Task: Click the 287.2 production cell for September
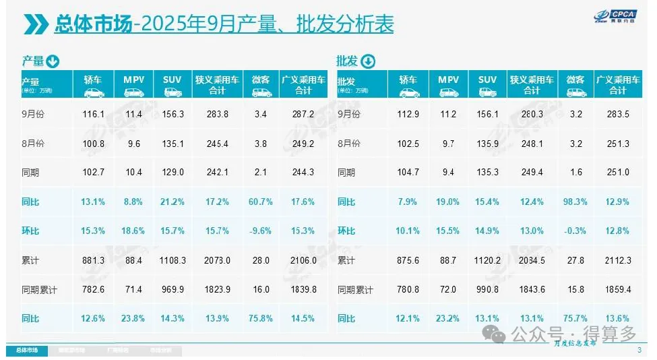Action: point(303,115)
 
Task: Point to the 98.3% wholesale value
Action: point(577,202)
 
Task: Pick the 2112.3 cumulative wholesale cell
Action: point(618,260)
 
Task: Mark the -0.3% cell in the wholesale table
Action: point(577,231)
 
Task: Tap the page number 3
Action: point(639,349)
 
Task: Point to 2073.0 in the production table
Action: point(217,260)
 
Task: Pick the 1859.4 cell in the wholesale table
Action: point(618,289)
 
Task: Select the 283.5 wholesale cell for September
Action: point(618,115)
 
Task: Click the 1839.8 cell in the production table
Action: point(303,289)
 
